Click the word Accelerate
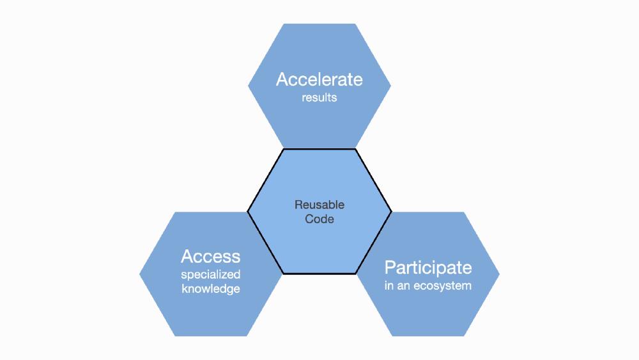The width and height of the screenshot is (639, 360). point(319,79)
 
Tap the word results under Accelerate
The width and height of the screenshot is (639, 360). point(319,98)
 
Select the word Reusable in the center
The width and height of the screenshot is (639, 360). point(319,205)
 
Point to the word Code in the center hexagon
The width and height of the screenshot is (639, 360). point(319,219)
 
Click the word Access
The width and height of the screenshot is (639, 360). point(210,256)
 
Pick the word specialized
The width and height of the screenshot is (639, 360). point(210,275)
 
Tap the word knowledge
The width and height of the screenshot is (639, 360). point(210,288)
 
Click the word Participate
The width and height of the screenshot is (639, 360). point(427,267)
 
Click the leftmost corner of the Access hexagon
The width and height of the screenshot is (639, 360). point(139,274)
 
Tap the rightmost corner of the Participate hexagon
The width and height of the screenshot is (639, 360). point(499,274)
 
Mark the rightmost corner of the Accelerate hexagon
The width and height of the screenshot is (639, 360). point(390,86)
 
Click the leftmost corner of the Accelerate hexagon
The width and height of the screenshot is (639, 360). point(248,86)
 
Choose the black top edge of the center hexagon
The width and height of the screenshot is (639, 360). point(319,149)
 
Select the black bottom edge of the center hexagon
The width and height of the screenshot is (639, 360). point(319,274)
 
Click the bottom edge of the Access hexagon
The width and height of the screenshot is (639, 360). point(210,336)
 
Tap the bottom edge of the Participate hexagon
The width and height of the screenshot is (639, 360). point(427,336)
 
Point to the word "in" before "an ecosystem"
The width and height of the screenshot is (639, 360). point(389,285)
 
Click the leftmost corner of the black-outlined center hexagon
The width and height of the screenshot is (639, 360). point(248,211)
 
